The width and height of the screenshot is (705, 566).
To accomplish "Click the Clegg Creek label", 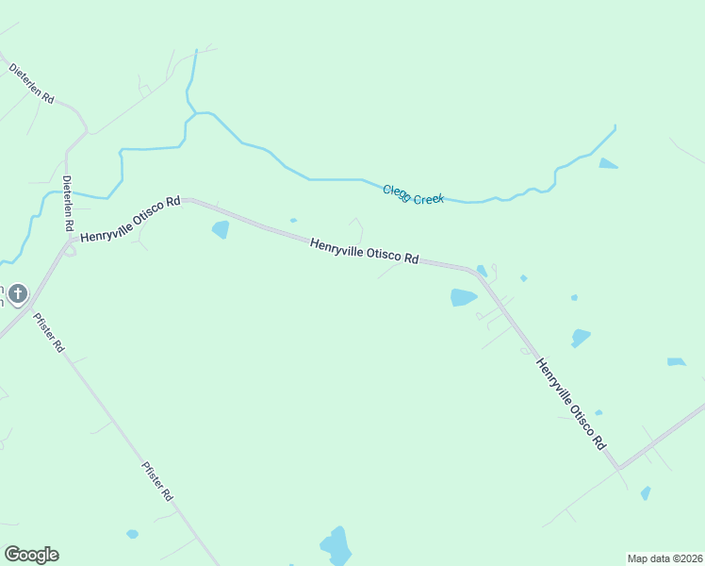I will tap(413, 194).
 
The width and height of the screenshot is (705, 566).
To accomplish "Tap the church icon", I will tap(17, 294).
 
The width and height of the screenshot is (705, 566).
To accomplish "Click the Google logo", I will tap(31, 555).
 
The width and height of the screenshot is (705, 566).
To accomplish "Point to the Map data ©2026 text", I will tap(664, 558).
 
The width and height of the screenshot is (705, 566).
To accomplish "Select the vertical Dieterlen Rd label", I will tap(68, 204).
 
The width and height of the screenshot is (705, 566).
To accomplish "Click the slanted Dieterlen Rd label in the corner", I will tap(32, 84).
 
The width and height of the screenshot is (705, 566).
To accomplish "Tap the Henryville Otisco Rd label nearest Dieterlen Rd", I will tap(130, 220).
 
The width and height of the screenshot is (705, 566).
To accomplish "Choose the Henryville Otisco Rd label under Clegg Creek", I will tap(365, 251).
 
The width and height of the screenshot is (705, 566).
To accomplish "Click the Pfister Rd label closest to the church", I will tap(48, 332).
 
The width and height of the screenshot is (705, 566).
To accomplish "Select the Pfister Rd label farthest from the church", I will tap(157, 480).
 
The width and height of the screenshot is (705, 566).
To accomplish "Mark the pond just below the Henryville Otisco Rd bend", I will tap(463, 298).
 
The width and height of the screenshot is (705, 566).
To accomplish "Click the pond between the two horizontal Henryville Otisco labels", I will tap(221, 229).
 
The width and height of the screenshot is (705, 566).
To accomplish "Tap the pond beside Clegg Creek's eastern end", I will tap(608, 163).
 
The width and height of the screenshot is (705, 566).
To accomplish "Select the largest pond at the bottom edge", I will tap(336, 545).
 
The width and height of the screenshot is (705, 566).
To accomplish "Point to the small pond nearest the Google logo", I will tap(132, 534).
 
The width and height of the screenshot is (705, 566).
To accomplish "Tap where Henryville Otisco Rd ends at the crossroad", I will tap(618, 466).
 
